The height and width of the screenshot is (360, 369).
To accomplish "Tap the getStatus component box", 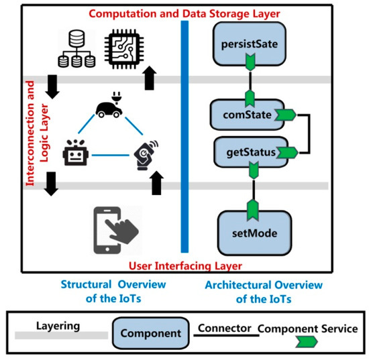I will coord(246,152).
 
